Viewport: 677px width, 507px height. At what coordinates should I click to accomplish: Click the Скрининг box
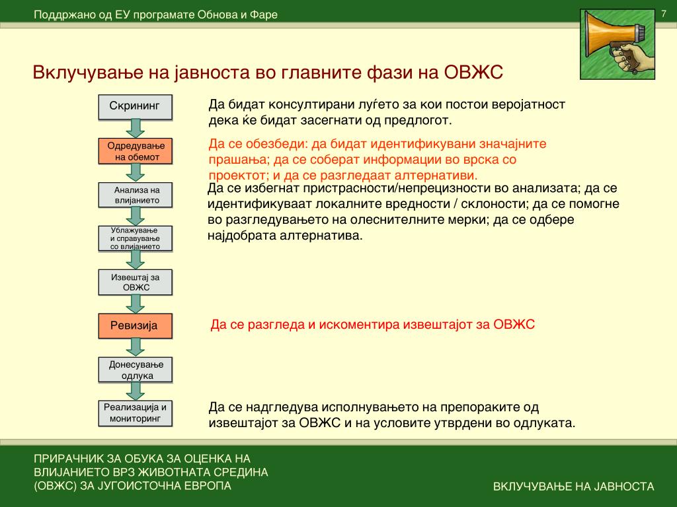[x=135, y=106]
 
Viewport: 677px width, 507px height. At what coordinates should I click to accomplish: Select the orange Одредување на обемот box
[x=135, y=151]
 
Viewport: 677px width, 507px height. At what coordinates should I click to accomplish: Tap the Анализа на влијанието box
[x=135, y=194]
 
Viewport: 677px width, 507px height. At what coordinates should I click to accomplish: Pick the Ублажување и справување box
[x=135, y=238]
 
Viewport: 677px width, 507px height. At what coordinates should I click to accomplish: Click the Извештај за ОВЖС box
[x=135, y=282]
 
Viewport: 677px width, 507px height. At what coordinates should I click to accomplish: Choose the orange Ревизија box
[x=135, y=325]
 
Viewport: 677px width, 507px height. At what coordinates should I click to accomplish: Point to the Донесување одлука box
[x=135, y=370]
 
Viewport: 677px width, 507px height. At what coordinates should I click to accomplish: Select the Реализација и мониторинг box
[x=135, y=413]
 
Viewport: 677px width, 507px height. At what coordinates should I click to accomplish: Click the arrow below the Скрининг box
[x=136, y=128]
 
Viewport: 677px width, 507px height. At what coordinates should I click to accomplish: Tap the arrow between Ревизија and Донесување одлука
[x=136, y=347]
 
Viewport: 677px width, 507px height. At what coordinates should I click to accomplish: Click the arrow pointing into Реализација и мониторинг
[x=136, y=391]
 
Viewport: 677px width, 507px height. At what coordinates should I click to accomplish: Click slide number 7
[x=663, y=15]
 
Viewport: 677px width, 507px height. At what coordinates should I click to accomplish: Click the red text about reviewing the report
[x=372, y=325]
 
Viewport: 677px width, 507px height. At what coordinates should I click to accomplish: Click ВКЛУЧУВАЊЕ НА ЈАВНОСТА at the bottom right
[x=573, y=487]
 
